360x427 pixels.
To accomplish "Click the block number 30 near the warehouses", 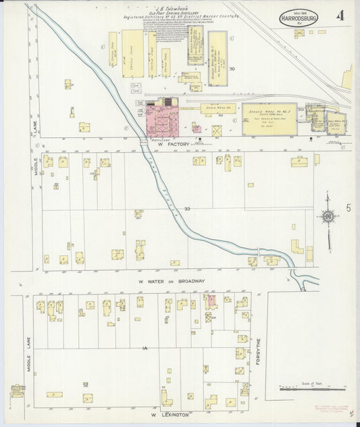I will pyautogui.click(x=232, y=69).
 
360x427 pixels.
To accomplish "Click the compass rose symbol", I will pyautogui.click(x=329, y=216).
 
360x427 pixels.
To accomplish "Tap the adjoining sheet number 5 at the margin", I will pyautogui.click(x=349, y=208).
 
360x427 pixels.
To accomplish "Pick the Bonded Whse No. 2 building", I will pyautogui.click(x=270, y=119).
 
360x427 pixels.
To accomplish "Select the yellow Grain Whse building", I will pyautogui.click(x=220, y=107).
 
